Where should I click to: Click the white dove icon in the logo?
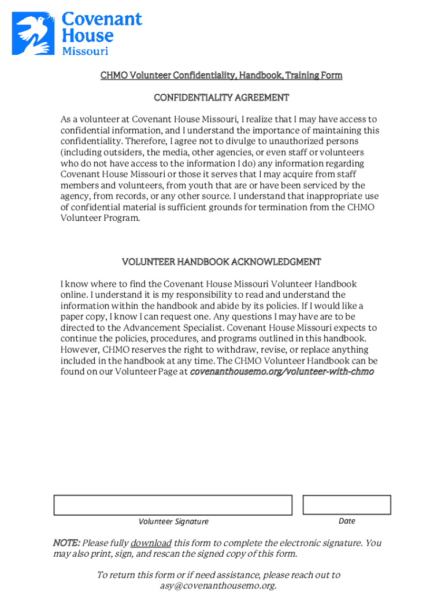(x=35, y=34)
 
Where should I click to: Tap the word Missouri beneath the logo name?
(x=85, y=51)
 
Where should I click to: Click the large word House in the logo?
(x=87, y=36)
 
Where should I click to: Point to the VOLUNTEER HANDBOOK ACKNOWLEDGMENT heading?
(x=221, y=262)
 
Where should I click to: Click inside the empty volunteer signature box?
(x=173, y=505)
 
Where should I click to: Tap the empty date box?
(x=347, y=505)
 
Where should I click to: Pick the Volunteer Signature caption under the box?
(x=173, y=521)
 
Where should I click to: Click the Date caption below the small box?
(x=347, y=521)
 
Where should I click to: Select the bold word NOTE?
(x=66, y=543)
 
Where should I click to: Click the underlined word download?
(x=151, y=543)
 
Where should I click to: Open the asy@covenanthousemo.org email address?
(x=218, y=586)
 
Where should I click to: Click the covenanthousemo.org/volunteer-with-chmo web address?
(x=282, y=372)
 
